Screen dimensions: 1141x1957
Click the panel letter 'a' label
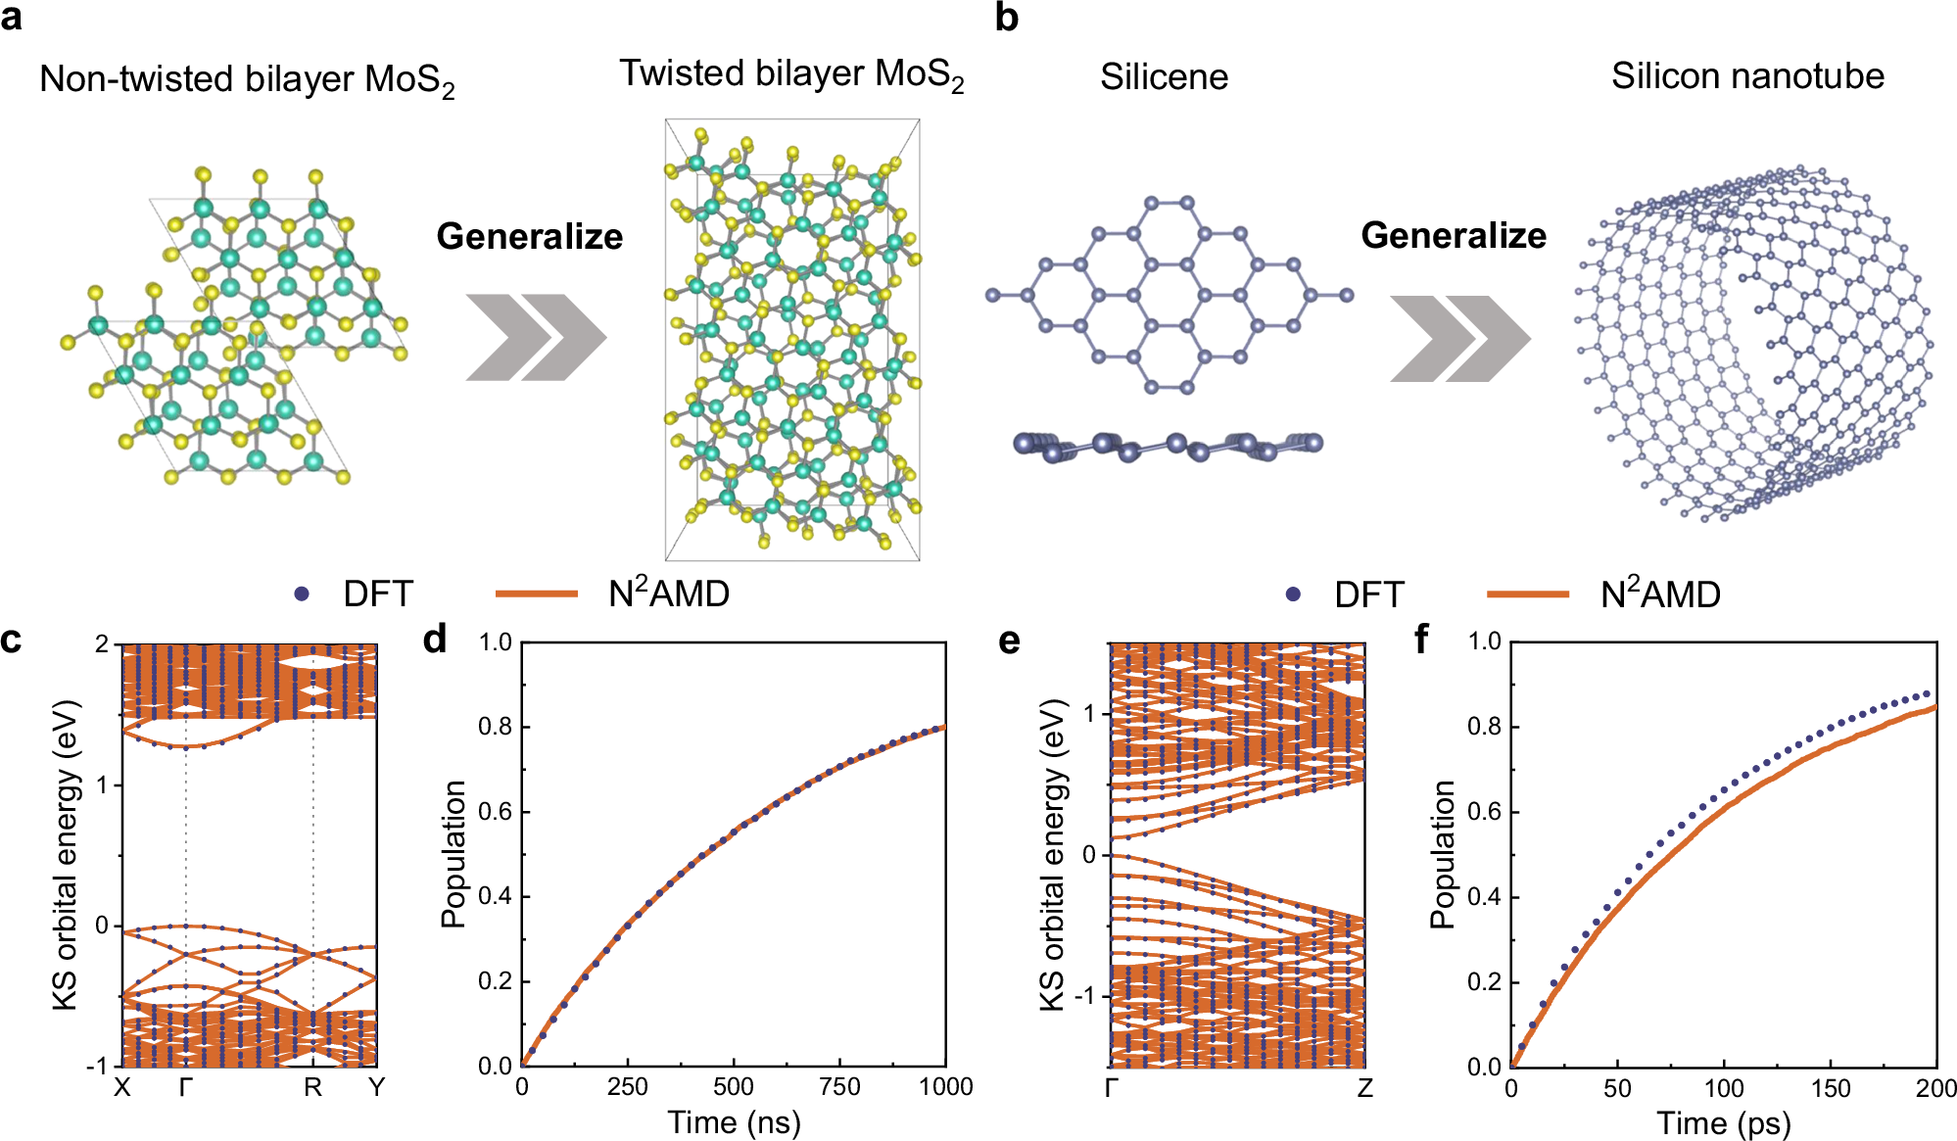13,17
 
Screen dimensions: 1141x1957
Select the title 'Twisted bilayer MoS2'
791,74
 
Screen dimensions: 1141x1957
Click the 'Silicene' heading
1164,76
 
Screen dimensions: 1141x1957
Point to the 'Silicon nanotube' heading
1747,76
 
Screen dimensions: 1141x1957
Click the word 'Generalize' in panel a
529,236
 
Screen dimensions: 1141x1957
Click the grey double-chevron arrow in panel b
1459,338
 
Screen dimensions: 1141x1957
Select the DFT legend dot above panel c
302,594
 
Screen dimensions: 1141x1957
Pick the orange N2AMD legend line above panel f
1527,594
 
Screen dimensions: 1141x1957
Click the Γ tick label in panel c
186,1087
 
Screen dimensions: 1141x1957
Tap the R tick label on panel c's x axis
312,1087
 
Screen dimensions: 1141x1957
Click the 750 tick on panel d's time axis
839,1087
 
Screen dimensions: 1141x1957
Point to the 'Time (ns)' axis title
734,1122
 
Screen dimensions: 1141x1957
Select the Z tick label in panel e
1364,1088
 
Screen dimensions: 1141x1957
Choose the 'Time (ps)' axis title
1723,1123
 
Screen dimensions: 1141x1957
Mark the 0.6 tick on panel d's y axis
496,812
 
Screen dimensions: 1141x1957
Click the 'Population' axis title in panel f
1442,854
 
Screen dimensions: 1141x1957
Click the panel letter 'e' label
1008,642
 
